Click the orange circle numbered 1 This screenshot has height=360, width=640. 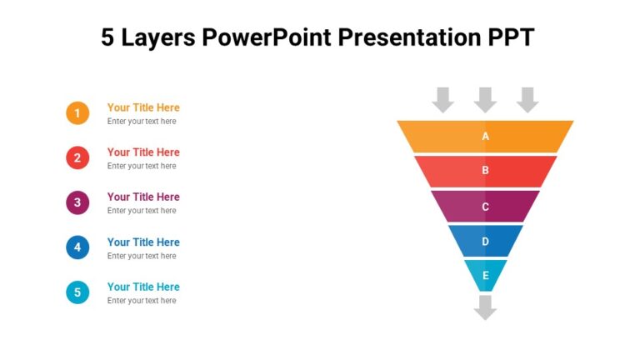(77, 113)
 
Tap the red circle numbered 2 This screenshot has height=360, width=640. (77, 157)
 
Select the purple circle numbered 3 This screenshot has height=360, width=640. (77, 202)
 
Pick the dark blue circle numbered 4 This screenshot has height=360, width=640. (77, 247)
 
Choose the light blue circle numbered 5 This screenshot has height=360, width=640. (77, 292)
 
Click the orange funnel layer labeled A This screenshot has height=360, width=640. (485, 137)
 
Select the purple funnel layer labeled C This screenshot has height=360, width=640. (485, 207)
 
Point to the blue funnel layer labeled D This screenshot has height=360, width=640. (485, 242)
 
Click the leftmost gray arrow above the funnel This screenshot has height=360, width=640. (442, 99)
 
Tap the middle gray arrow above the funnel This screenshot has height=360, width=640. (485, 99)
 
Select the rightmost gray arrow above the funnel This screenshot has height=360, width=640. (527, 99)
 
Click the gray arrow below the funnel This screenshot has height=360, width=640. (485, 307)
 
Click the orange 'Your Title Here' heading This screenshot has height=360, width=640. (143, 107)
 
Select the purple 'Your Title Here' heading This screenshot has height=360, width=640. (143, 197)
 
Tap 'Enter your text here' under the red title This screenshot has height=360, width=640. (142, 166)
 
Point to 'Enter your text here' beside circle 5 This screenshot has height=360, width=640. (142, 301)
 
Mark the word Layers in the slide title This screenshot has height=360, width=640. (158, 38)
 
